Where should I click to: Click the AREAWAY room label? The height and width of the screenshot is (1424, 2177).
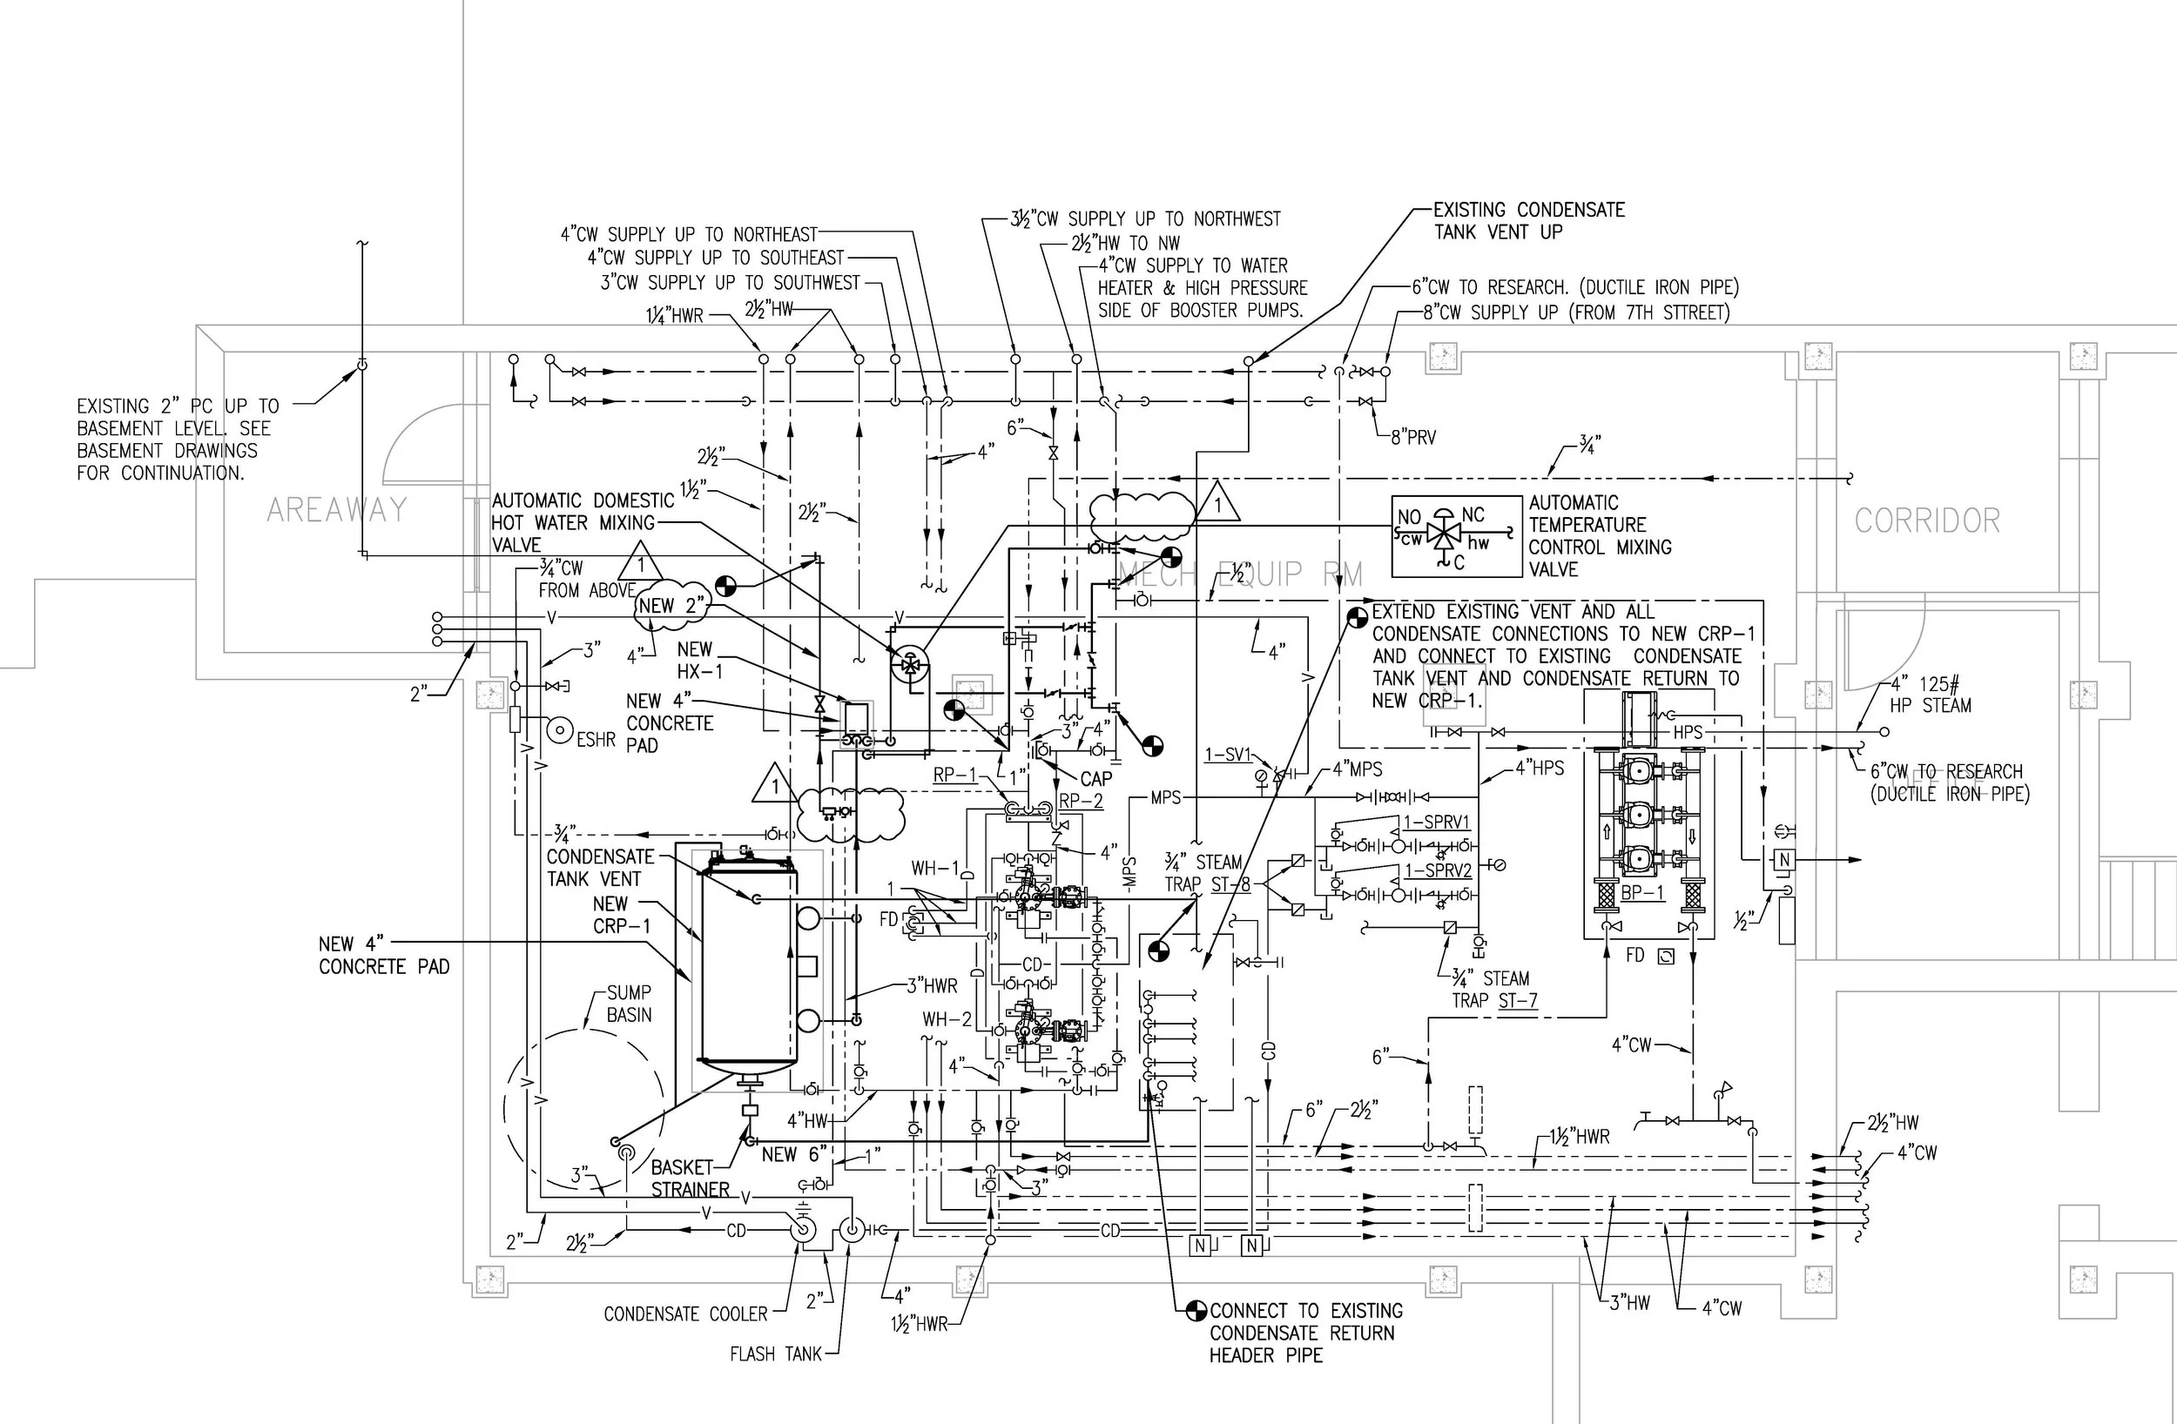tap(337, 510)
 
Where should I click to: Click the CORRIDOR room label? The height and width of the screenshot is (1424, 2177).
tap(1927, 521)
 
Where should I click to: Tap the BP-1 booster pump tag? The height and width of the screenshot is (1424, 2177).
tap(1643, 891)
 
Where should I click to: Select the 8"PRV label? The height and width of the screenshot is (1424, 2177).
tap(1413, 438)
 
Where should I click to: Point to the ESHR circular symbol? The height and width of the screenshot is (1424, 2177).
tap(560, 729)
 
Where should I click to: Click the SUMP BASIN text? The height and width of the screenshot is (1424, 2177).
tap(630, 1004)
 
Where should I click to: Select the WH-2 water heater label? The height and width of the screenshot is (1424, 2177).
tap(947, 1019)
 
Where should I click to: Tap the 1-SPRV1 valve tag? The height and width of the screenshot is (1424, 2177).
tap(1437, 823)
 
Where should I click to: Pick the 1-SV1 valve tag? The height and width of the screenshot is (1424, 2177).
tap(1228, 755)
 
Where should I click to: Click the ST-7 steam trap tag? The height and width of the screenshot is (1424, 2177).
tap(1518, 1001)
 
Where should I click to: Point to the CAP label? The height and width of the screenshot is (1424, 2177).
tap(1095, 779)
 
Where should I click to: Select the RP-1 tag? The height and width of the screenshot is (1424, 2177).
tap(955, 776)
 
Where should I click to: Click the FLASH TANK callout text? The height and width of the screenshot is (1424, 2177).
tap(776, 1353)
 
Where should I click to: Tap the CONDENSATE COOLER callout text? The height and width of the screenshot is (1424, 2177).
tap(685, 1314)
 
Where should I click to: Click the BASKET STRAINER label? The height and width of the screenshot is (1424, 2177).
tap(690, 1179)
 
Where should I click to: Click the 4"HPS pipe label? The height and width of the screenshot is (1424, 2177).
tap(1540, 769)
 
